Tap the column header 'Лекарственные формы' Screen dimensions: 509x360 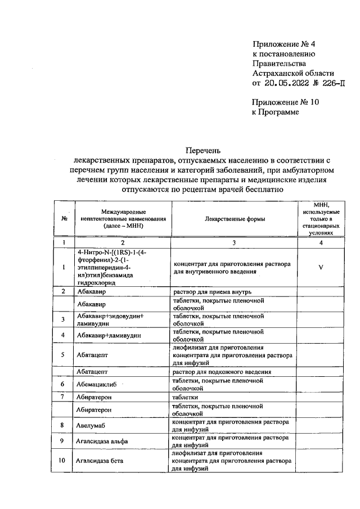(x=235, y=219)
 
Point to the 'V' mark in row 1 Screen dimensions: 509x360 (x=320, y=267)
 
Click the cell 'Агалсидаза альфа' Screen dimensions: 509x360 (x=102, y=442)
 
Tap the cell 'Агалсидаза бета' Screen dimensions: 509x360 (x=100, y=461)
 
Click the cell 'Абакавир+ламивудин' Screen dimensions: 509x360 (x=109, y=335)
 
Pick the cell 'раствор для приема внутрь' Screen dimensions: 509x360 (x=216, y=292)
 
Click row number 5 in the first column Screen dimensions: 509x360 (x=64, y=355)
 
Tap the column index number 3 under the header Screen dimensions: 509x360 (x=235, y=242)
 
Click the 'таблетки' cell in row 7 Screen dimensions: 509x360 (x=187, y=397)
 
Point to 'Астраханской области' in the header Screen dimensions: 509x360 (x=293, y=73)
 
